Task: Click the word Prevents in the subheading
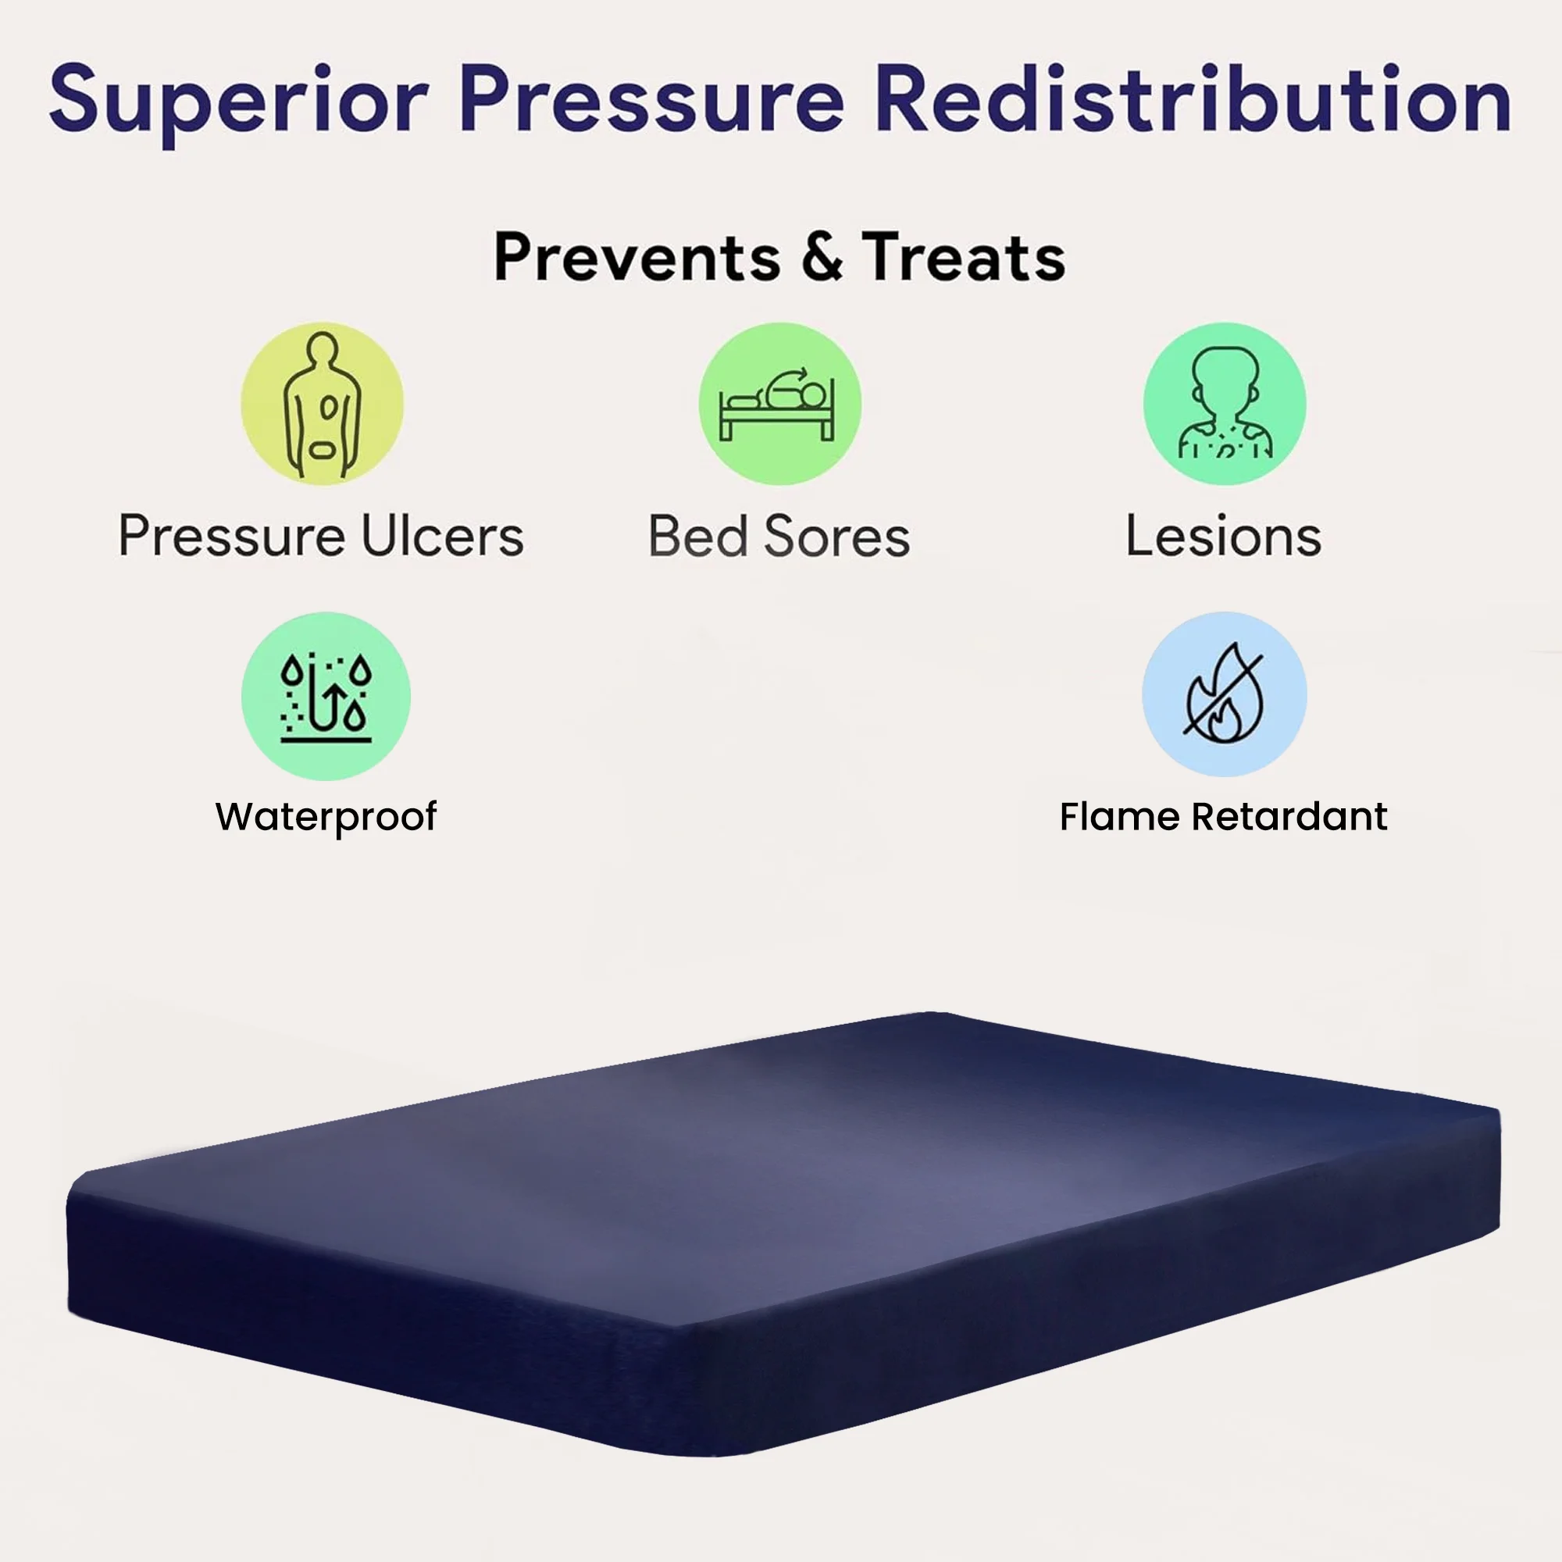coord(637,257)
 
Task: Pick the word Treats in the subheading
coord(963,257)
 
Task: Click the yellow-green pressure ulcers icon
coord(322,404)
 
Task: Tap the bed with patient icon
coord(779,404)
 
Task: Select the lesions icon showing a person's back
coord(1224,404)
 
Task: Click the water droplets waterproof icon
coord(326,696)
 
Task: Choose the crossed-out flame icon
coord(1224,694)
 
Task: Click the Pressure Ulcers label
coord(321,536)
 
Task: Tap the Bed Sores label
coord(779,536)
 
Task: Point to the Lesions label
coord(1223,536)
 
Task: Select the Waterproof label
coord(326,818)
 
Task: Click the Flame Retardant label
coord(1223,817)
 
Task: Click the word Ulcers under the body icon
coord(442,536)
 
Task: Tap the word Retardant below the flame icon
coord(1289,817)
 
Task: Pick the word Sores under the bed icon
coord(836,536)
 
